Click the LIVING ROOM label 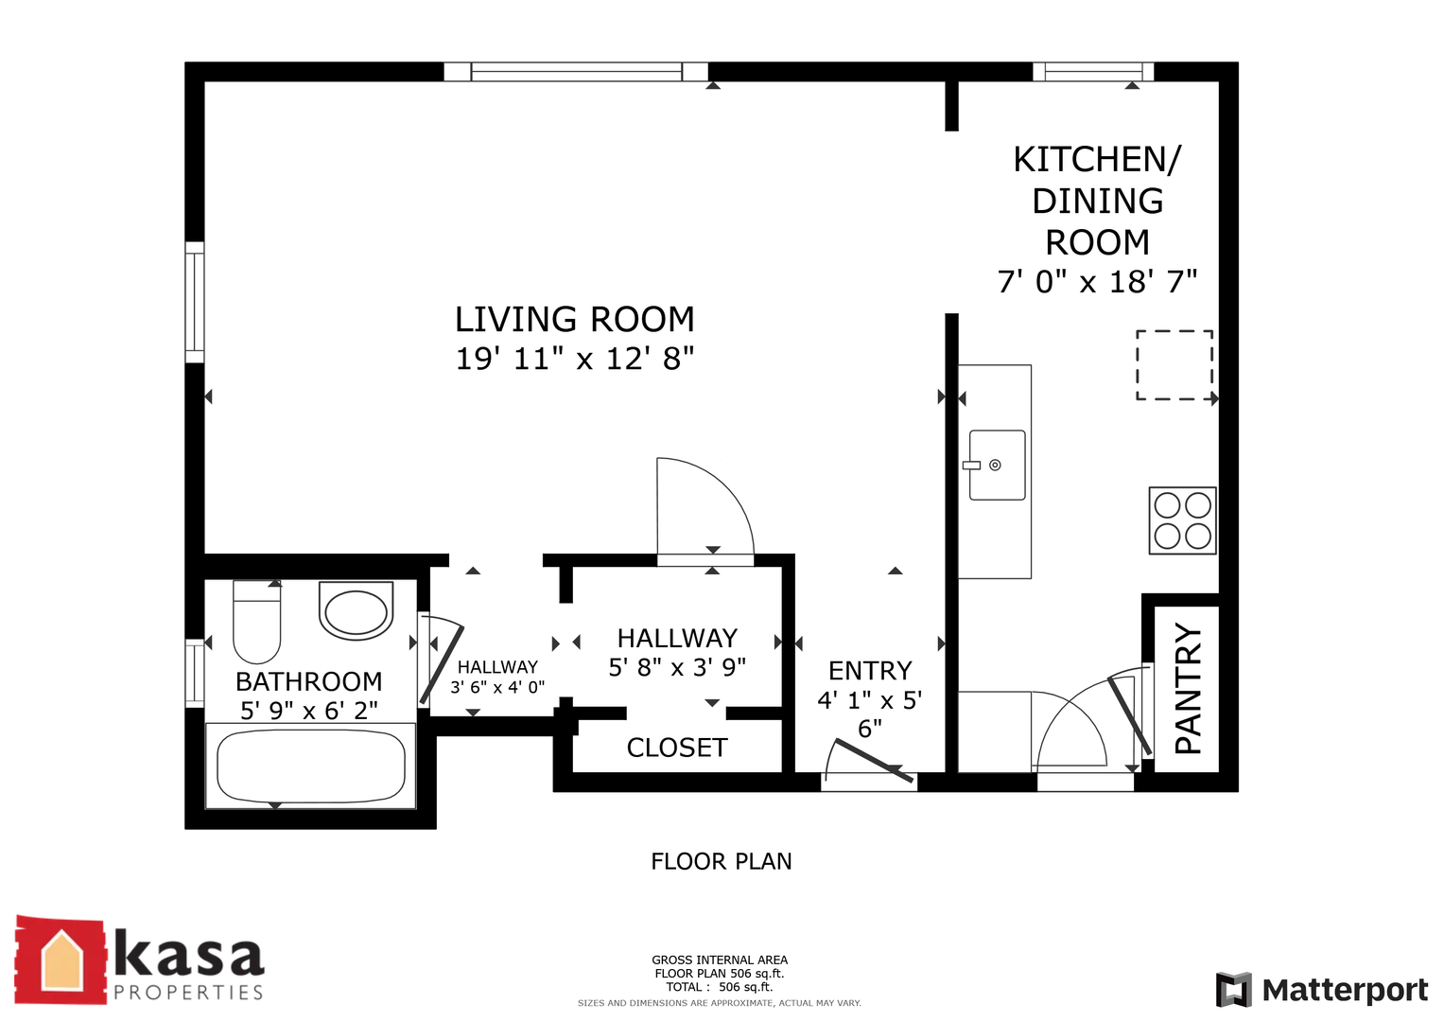point(574,319)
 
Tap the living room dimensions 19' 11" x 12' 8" point(574,359)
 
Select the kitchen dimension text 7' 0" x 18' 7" point(1097,282)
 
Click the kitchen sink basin point(998,466)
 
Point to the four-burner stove point(1182,520)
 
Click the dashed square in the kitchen point(1174,365)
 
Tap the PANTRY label point(1188,688)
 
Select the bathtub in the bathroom point(311,766)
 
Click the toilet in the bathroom point(256,622)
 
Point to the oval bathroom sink point(356,610)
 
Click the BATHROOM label point(309,681)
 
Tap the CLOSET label point(677,748)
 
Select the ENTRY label point(870,670)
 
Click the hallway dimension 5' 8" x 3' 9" point(677,667)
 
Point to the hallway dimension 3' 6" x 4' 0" point(497,687)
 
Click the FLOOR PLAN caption point(722,861)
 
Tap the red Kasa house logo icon point(61,960)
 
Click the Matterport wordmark point(1345,990)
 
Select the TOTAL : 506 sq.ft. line point(720,986)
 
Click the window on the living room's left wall point(195,303)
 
